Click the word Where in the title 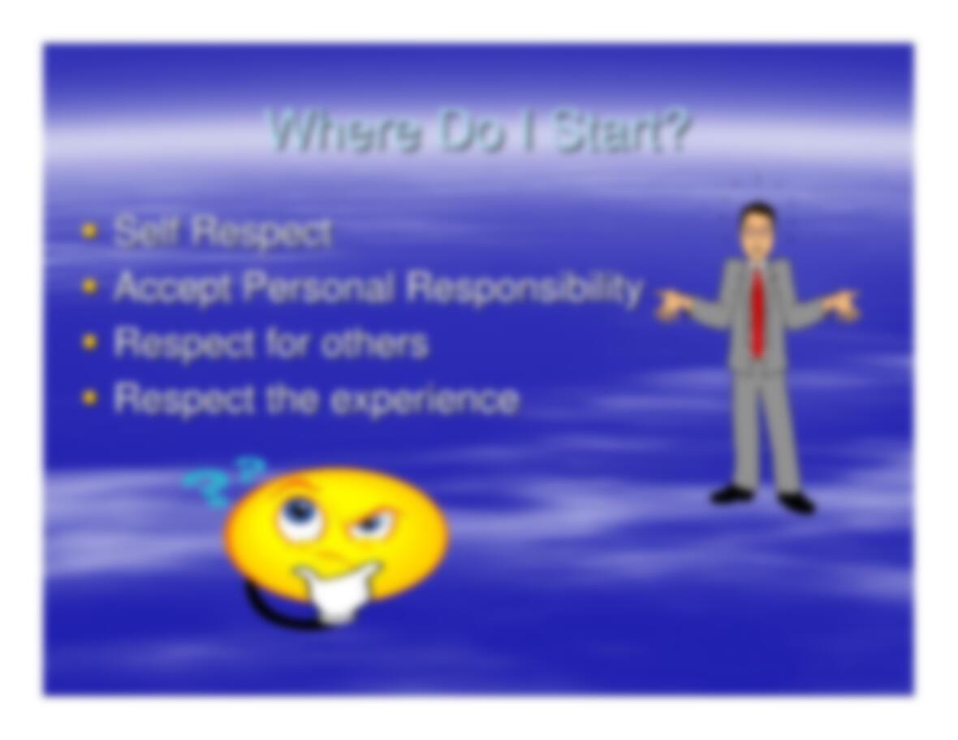(345, 131)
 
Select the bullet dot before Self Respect (90, 232)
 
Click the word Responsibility (524, 288)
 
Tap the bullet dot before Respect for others (90, 343)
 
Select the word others (374, 342)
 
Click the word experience (425, 400)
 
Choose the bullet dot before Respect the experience (90, 398)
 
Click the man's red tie (757, 312)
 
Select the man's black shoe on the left (731, 494)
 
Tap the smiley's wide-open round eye (299, 515)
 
